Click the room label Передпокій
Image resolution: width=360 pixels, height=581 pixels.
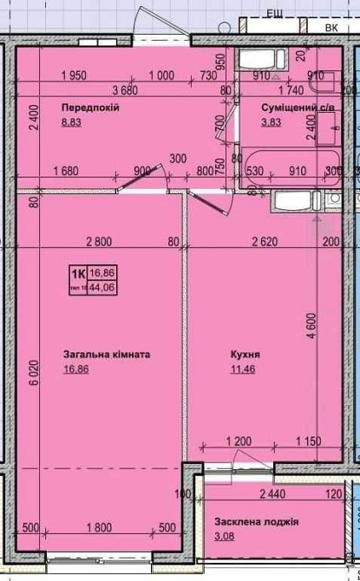tap(89, 107)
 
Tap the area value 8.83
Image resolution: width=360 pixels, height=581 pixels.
tap(70, 123)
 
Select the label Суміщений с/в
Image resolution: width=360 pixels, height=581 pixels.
tap(298, 107)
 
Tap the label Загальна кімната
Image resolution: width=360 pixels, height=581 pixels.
tap(107, 355)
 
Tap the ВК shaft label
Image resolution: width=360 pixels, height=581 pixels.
tap(331, 27)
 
